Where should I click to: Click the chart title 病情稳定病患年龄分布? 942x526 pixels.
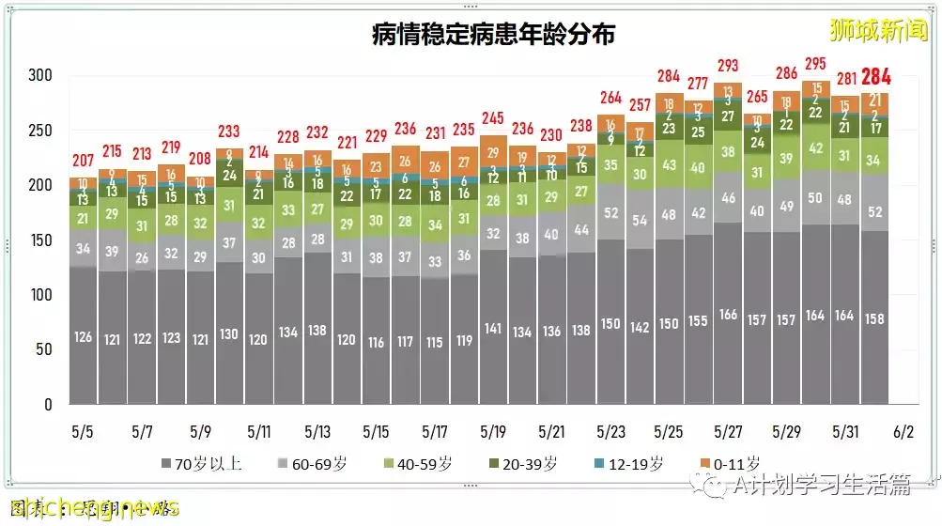pos(493,36)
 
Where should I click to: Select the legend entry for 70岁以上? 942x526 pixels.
pos(194,463)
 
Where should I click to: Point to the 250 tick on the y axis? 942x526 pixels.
pos(39,131)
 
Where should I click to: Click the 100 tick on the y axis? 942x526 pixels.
pos(39,295)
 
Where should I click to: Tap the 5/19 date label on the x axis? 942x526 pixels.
pos(493,432)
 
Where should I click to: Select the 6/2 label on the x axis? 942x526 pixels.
pos(903,432)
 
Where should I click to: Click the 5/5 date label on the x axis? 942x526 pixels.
pos(83,432)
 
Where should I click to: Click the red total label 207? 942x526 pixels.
pos(83,160)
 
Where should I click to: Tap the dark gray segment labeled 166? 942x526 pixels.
pos(728,315)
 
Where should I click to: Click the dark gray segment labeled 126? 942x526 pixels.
pos(83,336)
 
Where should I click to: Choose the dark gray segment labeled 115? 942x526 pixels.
pos(435,343)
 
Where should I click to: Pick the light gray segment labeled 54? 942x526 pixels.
pos(641,221)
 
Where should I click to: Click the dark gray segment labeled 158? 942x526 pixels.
pos(874,317)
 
